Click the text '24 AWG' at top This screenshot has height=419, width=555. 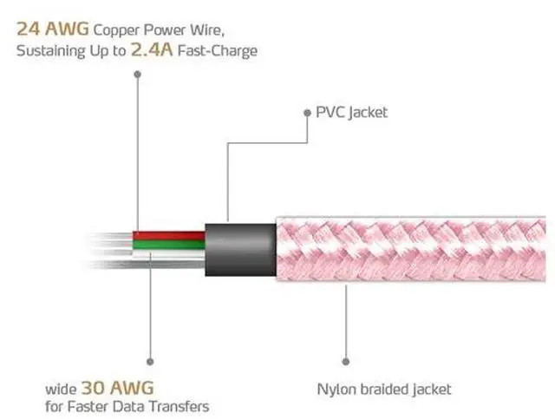[x=53, y=29]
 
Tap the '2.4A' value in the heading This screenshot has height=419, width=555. [x=152, y=49]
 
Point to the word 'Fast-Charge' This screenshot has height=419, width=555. [x=218, y=50]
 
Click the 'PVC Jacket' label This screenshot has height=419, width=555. [x=351, y=113]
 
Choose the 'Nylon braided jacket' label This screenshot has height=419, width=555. [x=384, y=390]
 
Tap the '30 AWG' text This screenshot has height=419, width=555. [x=118, y=388]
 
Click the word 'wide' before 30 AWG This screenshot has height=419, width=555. [x=61, y=390]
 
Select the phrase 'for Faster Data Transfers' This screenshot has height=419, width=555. [x=127, y=406]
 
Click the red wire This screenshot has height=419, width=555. [x=169, y=236]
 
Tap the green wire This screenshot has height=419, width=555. [x=169, y=245]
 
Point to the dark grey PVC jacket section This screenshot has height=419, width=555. [x=241, y=250]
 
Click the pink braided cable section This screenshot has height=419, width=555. [x=411, y=249]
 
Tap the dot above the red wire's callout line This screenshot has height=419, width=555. [x=138, y=74]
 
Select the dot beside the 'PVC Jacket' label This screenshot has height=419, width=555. [x=307, y=113]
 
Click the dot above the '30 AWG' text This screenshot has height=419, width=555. [x=150, y=362]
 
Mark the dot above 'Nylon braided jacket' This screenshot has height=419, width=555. [x=346, y=362]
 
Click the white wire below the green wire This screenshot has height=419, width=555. [x=169, y=253]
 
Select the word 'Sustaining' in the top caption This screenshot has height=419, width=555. [x=50, y=51]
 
